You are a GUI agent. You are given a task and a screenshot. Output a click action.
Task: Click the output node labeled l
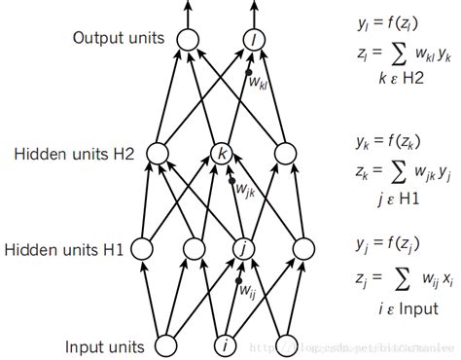point(255,39)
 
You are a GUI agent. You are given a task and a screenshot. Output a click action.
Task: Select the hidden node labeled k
point(223,153)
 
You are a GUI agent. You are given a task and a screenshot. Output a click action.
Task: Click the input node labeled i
point(225,345)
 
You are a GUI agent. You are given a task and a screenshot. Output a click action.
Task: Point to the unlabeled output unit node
point(188,39)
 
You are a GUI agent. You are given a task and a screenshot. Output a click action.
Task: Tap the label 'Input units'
point(104,345)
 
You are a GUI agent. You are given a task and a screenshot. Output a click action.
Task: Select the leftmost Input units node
point(165,345)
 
